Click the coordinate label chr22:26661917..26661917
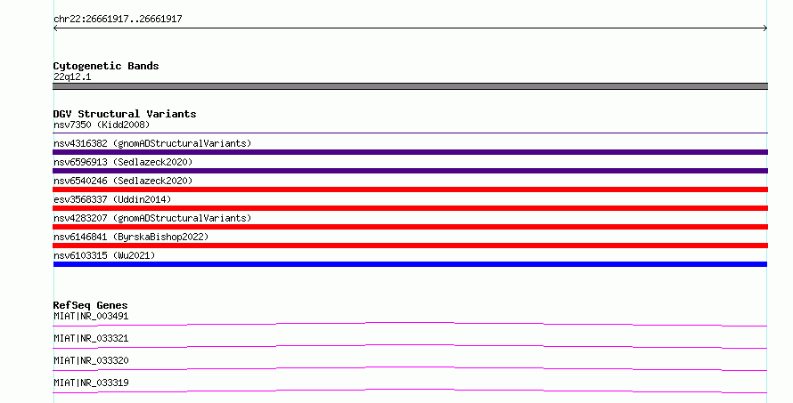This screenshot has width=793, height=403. coord(118,20)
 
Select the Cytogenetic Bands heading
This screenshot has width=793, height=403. coord(106,66)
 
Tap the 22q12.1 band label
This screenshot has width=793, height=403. coord(72,77)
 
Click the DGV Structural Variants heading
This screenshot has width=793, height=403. coord(125,114)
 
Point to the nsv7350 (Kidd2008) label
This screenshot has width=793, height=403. coord(102,125)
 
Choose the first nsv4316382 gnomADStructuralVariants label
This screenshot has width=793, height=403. coord(152,143)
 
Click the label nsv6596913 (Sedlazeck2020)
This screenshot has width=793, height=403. coord(123,162)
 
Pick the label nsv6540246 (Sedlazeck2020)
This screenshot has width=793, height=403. coord(123,181)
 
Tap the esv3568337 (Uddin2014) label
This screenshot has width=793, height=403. coord(112,199)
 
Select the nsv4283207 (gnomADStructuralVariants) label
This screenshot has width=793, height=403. coord(152,218)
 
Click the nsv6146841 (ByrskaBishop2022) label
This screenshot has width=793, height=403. coord(131,237)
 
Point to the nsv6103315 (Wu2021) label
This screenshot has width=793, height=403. coord(104,255)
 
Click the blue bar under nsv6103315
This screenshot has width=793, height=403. coord(410,264)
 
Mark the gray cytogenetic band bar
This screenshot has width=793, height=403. coord(410,86)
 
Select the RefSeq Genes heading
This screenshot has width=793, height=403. coord(90,305)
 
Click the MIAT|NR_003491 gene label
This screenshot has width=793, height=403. coord(91,316)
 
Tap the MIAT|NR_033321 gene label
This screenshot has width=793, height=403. coord(91,338)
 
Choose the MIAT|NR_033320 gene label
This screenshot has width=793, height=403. coord(91,360)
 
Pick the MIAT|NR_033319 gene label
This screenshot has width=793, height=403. coord(91,383)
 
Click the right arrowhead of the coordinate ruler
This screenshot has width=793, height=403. coord(766,28)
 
